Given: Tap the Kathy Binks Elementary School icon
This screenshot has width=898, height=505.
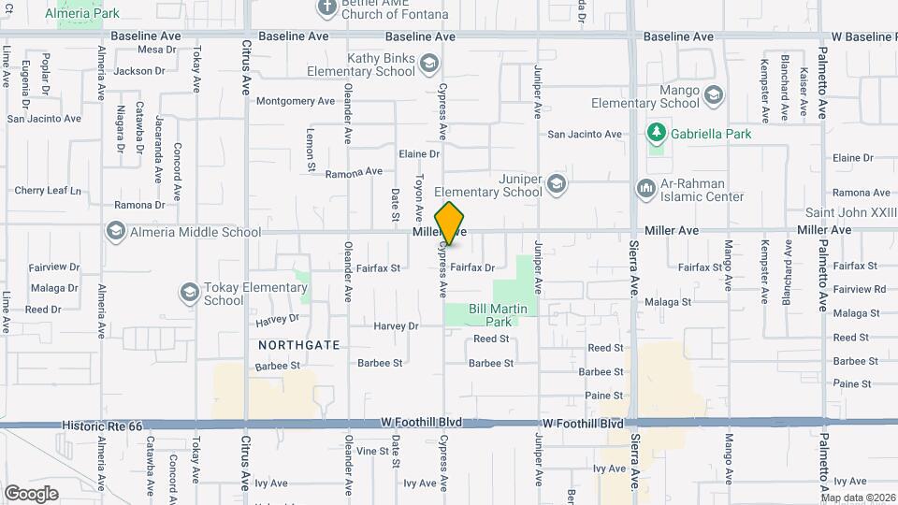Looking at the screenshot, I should (x=428, y=64).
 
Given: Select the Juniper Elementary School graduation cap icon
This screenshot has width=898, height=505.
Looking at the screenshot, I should (x=558, y=182).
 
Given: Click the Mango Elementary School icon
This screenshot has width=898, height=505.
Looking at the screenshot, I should (x=714, y=94).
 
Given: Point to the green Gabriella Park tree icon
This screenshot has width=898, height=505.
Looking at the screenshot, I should (x=657, y=134).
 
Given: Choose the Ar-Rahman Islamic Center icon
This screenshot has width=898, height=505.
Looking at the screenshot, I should (x=645, y=189).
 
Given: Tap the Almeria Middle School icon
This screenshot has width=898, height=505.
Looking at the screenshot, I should (x=116, y=231).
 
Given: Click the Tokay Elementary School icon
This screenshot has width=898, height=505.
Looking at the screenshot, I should (x=190, y=294).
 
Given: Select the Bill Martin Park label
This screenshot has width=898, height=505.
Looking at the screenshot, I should (x=499, y=315).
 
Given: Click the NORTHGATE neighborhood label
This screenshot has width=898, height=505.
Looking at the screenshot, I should (x=298, y=345).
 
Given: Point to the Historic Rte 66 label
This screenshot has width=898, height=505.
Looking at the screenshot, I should (x=103, y=426).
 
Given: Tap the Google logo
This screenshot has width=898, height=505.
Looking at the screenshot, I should (x=31, y=494).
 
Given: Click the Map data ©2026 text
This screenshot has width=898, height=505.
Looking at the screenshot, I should (x=857, y=498).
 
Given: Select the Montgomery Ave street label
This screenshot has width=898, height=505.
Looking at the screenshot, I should (x=295, y=101).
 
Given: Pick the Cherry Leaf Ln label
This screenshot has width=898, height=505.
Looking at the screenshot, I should (x=48, y=191).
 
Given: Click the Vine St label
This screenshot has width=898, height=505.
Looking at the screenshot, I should (x=372, y=451).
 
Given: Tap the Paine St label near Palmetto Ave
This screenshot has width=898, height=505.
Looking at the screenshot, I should (x=851, y=383).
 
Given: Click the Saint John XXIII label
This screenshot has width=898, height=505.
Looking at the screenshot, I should (x=852, y=214).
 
